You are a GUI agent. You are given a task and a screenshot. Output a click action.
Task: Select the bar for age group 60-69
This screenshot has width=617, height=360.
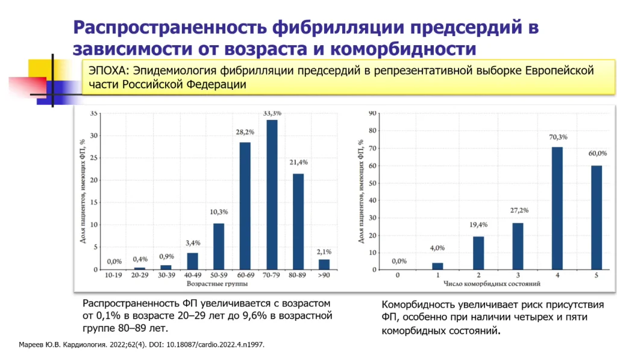click(245, 206)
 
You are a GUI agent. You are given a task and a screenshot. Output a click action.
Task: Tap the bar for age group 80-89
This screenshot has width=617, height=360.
click(298, 221)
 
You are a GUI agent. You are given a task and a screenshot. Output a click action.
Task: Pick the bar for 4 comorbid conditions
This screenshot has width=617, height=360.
click(557, 207)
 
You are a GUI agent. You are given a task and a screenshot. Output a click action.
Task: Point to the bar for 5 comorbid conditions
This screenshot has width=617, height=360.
click(597, 216)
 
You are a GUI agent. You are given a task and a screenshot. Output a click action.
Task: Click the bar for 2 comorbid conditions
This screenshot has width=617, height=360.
click(478, 253)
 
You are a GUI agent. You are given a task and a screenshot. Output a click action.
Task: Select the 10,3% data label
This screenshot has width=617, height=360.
click(219, 212)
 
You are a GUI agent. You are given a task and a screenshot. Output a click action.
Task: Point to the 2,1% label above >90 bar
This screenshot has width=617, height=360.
click(324, 251)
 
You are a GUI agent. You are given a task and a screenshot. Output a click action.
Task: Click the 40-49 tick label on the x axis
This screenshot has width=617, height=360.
click(192, 275)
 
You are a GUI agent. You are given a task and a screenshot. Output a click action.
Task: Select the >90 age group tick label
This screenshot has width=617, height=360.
click(324, 275)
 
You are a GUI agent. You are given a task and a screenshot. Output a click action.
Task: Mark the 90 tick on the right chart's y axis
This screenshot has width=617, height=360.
click(372, 113)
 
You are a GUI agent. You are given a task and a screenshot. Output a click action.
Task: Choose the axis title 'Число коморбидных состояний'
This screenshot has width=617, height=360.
click(492, 283)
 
